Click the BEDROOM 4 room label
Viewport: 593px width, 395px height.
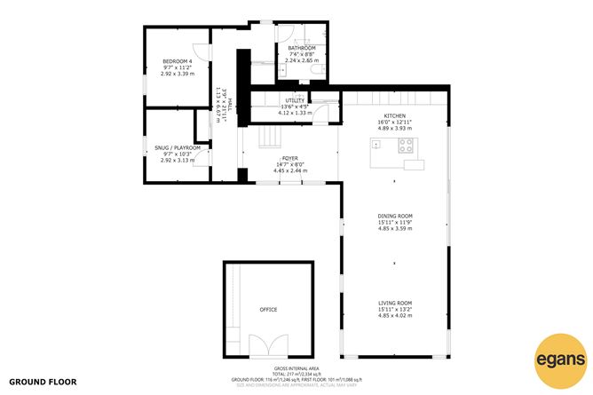[x=178, y=61]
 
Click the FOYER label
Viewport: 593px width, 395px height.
[x=289, y=157]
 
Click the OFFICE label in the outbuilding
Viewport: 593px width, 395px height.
[x=268, y=310]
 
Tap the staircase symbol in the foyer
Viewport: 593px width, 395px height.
[x=269, y=138]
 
